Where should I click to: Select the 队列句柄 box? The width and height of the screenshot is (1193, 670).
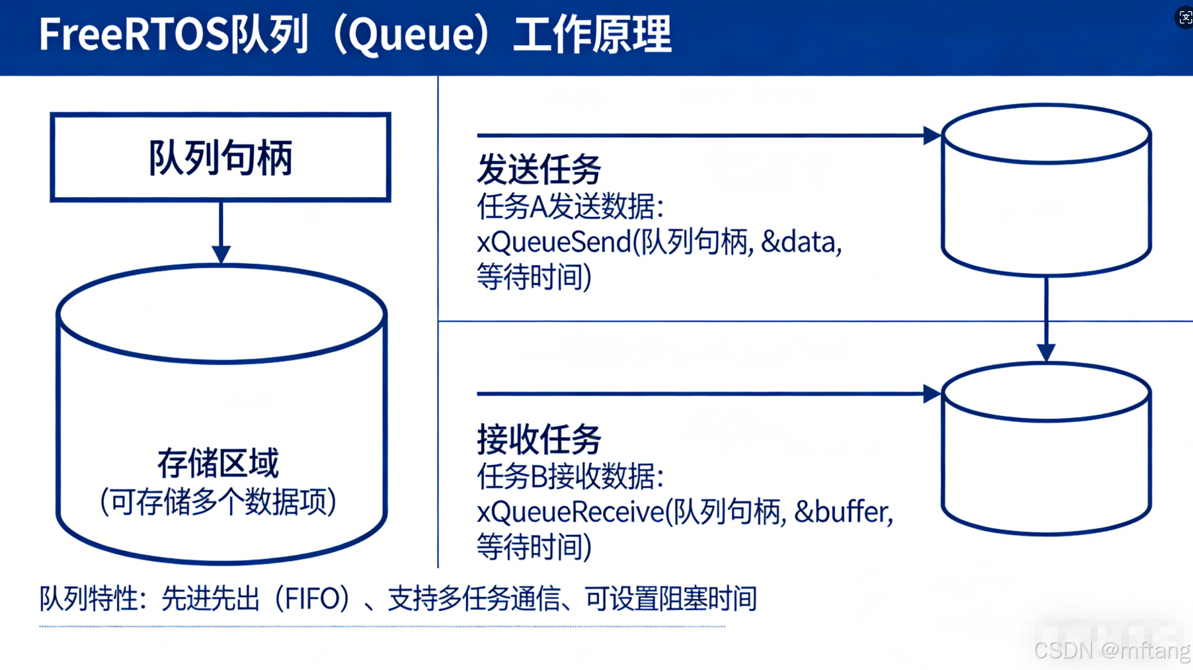tap(220, 157)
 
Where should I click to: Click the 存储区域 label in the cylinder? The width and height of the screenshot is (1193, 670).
tap(218, 463)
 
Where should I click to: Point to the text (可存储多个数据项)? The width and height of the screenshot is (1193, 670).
tap(218, 501)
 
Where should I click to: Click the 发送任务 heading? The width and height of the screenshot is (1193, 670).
tap(539, 170)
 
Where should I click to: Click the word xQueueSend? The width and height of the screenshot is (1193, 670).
tap(554, 242)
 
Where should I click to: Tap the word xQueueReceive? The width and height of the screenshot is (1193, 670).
tap(570, 512)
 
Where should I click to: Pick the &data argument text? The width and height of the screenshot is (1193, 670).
tap(801, 242)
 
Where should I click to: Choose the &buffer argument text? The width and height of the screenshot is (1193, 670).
tap(843, 512)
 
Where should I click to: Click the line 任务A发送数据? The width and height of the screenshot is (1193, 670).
tap(570, 207)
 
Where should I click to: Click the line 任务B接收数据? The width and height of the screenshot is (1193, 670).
tap(570, 477)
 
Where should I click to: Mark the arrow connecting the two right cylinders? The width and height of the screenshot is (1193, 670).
tap(1046, 318)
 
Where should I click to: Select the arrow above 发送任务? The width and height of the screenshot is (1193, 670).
tap(705, 135)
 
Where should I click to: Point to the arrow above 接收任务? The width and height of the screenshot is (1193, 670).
tap(705, 394)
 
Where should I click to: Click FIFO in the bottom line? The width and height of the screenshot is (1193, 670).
tap(312, 599)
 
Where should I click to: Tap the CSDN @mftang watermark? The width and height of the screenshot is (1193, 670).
tap(1111, 650)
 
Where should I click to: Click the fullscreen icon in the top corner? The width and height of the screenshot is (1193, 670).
tap(1185, 17)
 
